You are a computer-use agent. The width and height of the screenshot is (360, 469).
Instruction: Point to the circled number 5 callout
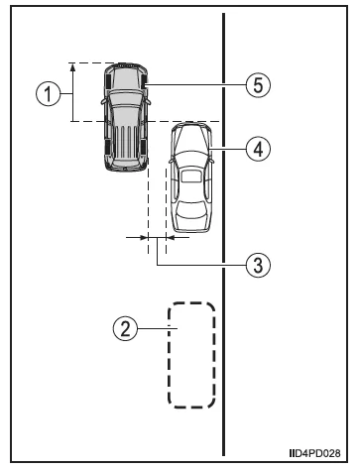pos(256,85)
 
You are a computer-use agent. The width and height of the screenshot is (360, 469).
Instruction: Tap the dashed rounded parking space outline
pos(191,354)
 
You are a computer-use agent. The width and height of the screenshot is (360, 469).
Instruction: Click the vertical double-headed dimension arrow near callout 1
pos(72,92)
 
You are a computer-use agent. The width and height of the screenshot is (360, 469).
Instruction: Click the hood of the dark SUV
pos(125,77)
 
